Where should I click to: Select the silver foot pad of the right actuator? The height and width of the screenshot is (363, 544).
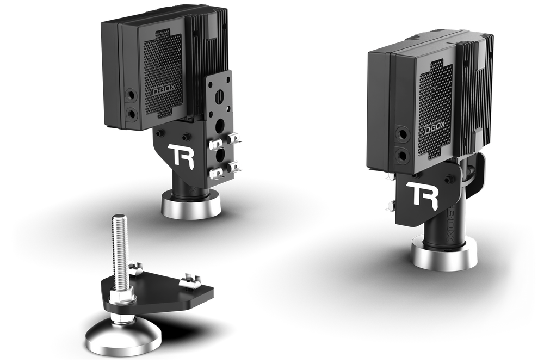tap(443, 255)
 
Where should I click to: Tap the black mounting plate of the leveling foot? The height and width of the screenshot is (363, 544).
tap(163, 294)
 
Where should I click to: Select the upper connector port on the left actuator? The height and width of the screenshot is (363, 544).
tap(131, 96)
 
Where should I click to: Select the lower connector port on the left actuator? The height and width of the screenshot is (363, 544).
tap(131, 114)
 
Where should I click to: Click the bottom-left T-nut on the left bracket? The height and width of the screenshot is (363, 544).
tap(215, 173)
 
